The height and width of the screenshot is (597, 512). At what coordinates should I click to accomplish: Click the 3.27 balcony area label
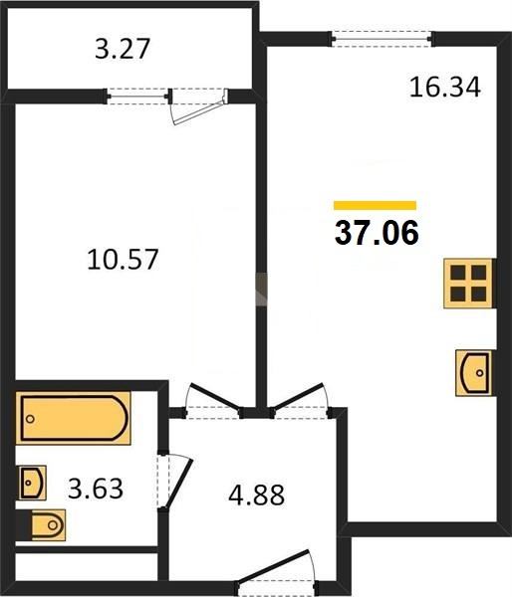click(x=122, y=49)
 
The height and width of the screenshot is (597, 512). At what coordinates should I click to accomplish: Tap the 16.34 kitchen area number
click(x=444, y=88)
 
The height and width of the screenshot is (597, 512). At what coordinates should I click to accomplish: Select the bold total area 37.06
click(x=377, y=233)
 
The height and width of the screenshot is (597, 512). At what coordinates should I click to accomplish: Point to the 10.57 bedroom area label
click(x=123, y=260)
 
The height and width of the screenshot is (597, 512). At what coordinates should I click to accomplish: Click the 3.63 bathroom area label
click(x=96, y=489)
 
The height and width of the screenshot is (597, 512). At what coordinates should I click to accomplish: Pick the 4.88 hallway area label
click(x=256, y=495)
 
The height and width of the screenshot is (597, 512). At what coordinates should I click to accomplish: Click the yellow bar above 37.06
click(x=375, y=205)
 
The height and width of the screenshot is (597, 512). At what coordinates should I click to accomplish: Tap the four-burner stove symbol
click(x=468, y=284)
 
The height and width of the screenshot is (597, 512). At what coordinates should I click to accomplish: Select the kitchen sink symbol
click(x=474, y=373)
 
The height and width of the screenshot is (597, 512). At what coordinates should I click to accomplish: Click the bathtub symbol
click(x=73, y=418)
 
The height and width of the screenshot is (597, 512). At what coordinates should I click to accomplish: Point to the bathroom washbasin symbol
click(x=33, y=483)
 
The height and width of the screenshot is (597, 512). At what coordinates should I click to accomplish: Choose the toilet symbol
click(x=48, y=525)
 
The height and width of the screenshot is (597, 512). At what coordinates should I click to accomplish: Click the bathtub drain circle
click(x=30, y=419)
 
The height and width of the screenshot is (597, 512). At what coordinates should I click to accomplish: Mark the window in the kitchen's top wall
click(x=382, y=39)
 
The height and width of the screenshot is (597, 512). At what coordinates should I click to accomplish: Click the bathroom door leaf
click(x=178, y=483)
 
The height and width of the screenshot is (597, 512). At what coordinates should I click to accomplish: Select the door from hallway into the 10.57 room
click(x=214, y=397)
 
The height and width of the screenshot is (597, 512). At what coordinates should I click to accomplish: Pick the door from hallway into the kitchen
click(x=299, y=397)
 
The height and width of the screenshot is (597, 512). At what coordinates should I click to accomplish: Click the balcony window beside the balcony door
click(x=137, y=97)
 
